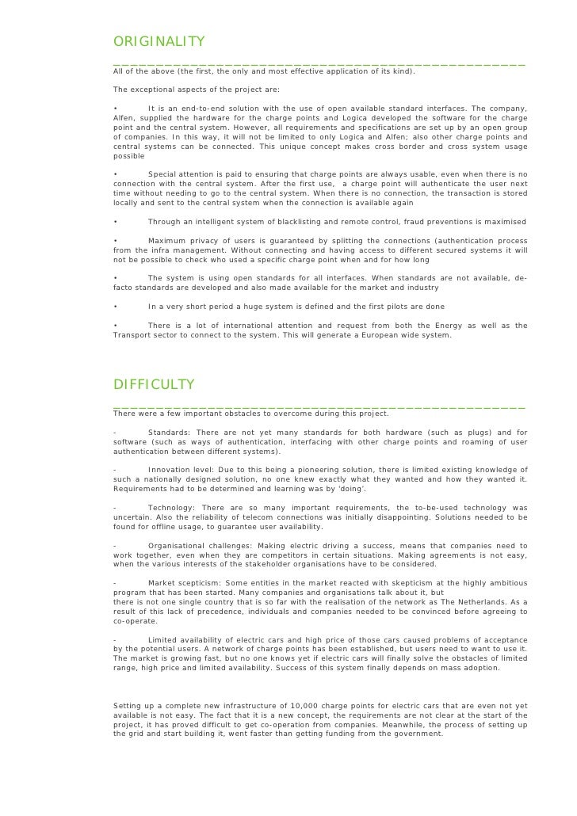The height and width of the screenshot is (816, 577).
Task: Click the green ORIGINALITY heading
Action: (x=159, y=41)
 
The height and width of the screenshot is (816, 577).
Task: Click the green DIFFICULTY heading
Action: (x=155, y=384)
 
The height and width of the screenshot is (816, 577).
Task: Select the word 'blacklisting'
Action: (x=293, y=222)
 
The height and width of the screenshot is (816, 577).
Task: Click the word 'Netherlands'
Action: (x=500, y=602)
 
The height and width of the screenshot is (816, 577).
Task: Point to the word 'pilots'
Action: (x=401, y=307)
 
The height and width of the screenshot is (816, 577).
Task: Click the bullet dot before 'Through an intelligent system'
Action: (x=116, y=222)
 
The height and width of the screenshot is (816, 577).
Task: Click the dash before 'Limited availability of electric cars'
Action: (x=116, y=639)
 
